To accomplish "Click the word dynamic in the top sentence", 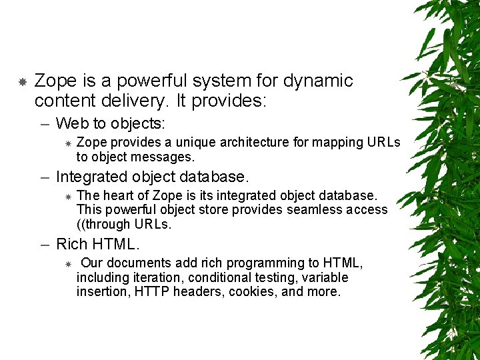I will [318, 81].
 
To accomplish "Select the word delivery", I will [123, 101].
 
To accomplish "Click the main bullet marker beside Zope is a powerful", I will [22, 82].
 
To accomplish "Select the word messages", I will [165, 157].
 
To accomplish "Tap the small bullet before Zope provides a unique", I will [67, 143].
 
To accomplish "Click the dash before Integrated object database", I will [45, 177].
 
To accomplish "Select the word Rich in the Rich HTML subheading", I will [71, 244].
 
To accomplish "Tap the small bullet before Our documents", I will [67, 264].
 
